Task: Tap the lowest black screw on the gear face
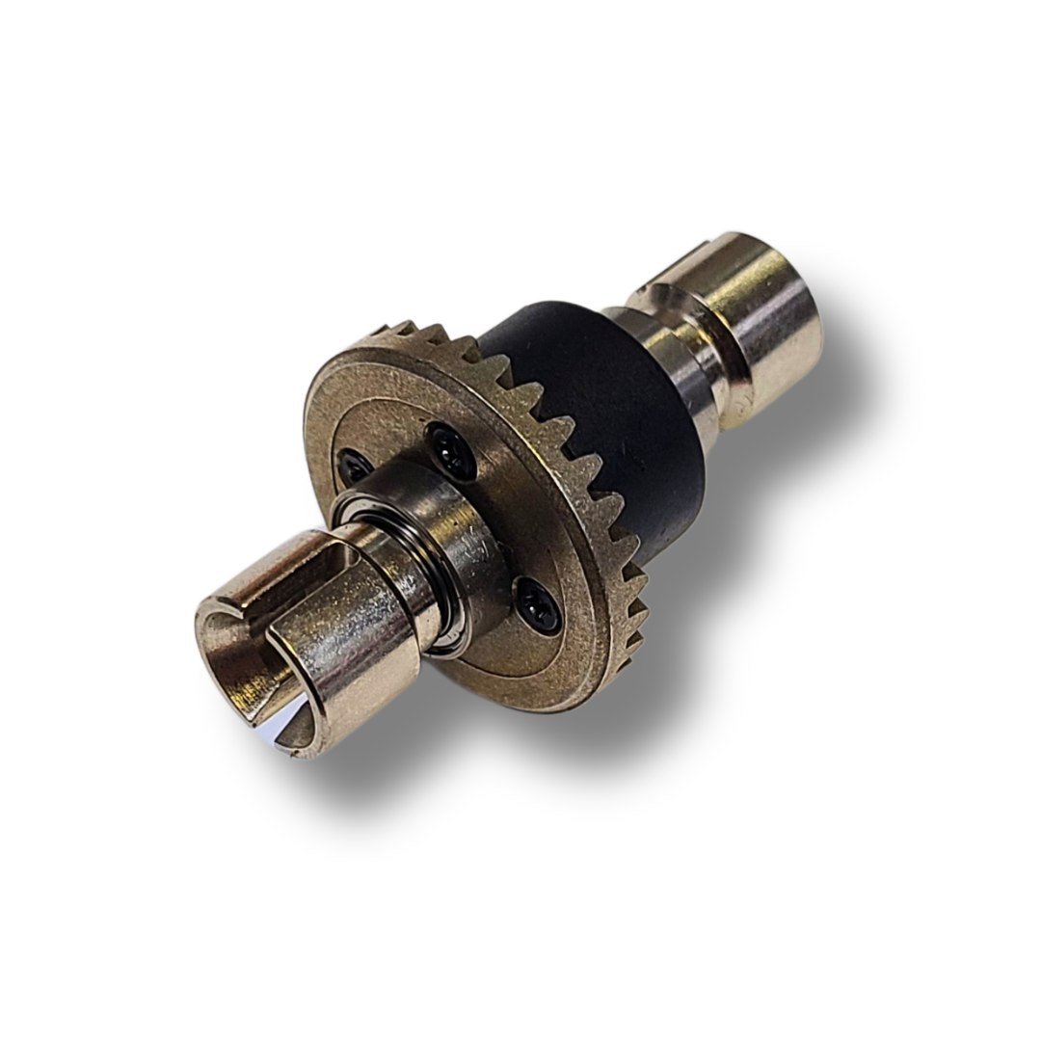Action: tap(536, 603)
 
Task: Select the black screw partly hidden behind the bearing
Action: tap(356, 466)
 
